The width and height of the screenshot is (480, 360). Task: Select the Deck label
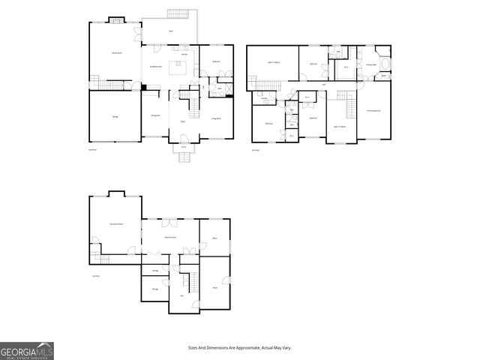170,31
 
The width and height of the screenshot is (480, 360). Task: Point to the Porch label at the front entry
183,148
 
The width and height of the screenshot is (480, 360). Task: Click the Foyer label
182,120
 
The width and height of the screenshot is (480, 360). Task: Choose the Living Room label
215,118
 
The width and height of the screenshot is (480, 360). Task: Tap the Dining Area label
154,115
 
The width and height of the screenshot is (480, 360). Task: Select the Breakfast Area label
157,67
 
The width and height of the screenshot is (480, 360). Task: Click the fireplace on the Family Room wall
116,20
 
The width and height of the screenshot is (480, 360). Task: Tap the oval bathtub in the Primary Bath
385,76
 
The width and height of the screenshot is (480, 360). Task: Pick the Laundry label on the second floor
265,97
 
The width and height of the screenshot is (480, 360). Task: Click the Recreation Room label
115,225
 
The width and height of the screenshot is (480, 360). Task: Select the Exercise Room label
170,237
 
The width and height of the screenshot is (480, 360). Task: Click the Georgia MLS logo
26,350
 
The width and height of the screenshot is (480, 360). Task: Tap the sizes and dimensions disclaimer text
239,348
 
